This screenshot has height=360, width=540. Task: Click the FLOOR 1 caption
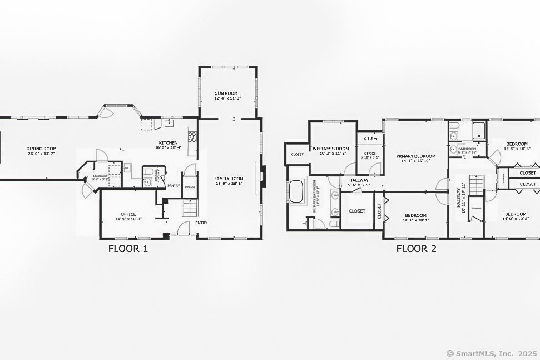coord(128,249)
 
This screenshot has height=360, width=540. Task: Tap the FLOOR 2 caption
coord(416,249)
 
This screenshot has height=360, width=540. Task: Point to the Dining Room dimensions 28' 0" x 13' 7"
coord(42,154)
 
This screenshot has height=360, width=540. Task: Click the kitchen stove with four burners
coord(192,136)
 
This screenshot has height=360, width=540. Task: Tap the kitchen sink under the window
coord(168,123)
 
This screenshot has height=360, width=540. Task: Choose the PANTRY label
coord(174,186)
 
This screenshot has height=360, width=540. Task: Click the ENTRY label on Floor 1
coord(201,223)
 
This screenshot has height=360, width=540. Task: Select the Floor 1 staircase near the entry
coord(190,209)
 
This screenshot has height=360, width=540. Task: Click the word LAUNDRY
coord(101,175)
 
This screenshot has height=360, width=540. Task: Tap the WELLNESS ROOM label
coord(330,149)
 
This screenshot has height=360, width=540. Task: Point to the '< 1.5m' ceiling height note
coord(370,139)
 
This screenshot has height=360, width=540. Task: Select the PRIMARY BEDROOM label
coord(416,156)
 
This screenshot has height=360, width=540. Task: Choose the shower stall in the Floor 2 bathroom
coord(479,131)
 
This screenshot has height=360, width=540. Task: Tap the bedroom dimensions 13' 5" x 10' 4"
coord(517,149)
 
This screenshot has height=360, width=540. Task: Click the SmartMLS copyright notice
coord(491,353)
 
